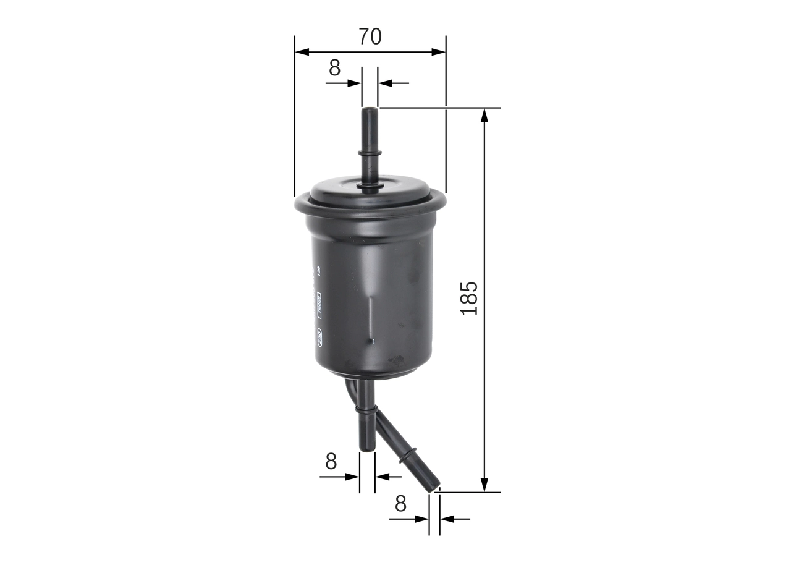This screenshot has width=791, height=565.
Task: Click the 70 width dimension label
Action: tap(370, 37)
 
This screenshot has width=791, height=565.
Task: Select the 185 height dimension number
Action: tap(470, 298)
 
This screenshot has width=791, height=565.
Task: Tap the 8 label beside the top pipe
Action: tap(334, 68)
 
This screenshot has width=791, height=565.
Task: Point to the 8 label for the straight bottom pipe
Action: tap(331, 461)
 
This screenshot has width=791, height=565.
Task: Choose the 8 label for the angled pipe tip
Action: tap(400, 504)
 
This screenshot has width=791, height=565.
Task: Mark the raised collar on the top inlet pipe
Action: tap(370, 152)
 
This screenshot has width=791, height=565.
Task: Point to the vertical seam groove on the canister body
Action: tap(371, 318)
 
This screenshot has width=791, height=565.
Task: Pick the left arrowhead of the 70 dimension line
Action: tap(300, 52)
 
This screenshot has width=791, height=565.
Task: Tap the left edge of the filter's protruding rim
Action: tap(297, 205)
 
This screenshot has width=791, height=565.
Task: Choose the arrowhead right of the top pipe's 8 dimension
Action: tap(384, 83)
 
